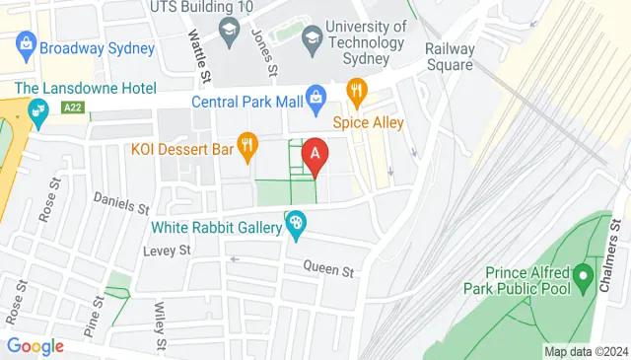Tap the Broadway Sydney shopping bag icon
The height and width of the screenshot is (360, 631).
(26, 44)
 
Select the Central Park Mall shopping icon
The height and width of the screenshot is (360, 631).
(315, 96)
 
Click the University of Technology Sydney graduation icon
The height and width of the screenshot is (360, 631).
(313, 38)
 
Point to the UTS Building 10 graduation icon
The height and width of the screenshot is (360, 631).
(230, 30)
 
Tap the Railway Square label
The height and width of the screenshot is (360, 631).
(451, 57)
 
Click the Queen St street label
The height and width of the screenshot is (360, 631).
(327, 266)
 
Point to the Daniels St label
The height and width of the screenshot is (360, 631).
(120, 203)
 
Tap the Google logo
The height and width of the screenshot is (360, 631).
(35, 346)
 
